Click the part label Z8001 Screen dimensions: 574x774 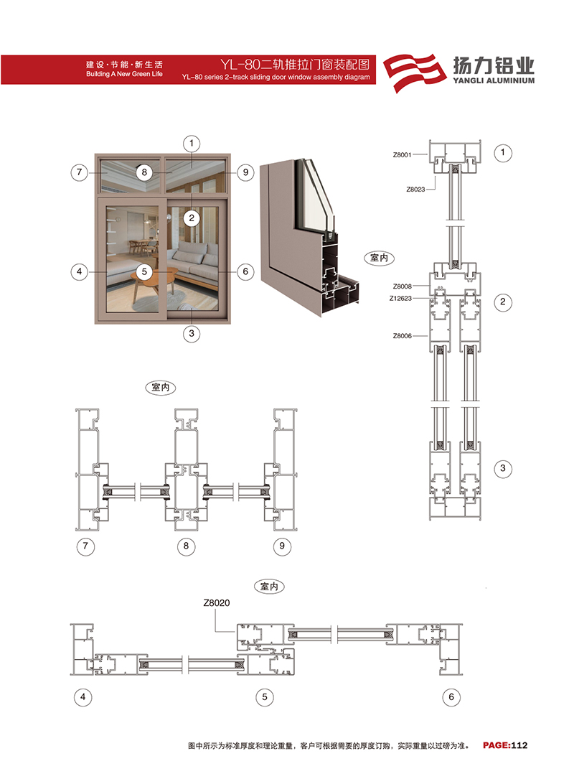[402, 155]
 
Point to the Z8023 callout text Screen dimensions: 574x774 [415, 190]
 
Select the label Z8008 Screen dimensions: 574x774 [402, 286]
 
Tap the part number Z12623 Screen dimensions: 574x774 [400, 298]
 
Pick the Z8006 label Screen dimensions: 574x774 [402, 336]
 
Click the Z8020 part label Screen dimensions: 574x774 [217, 602]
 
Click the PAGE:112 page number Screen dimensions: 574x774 [505, 745]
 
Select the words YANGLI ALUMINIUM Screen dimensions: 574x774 [494, 80]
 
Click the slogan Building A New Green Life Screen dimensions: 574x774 [124, 74]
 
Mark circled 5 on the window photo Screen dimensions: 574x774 [144, 271]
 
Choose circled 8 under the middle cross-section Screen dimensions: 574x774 [186, 546]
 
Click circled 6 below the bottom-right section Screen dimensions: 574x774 [451, 697]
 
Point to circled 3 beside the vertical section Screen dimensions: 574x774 [503, 468]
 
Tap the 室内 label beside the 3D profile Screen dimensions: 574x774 [380, 258]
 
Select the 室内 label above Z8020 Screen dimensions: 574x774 [269, 587]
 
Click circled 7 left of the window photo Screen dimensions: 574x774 [80, 172]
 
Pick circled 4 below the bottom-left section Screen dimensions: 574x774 [83, 697]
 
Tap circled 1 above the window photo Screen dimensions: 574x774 [192, 144]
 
